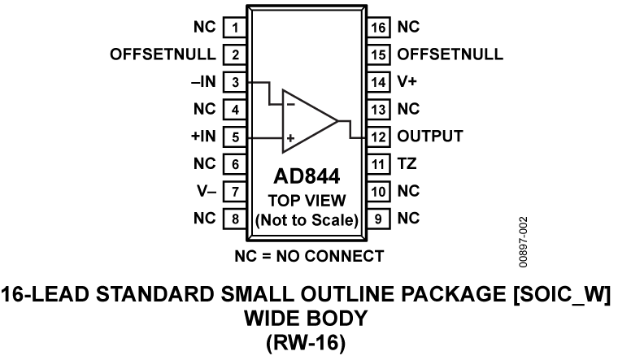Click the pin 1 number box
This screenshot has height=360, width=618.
pos(235,28)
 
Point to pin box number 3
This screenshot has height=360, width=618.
pos(235,81)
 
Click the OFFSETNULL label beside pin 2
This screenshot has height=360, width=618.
pos(163,55)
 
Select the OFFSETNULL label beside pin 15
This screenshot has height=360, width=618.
pos(450,55)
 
